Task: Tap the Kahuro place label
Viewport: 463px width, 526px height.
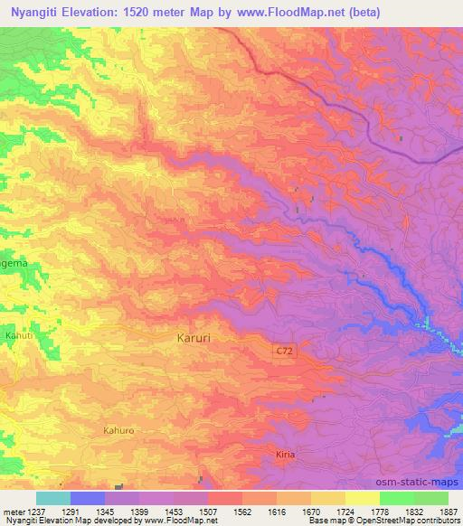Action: click(x=118, y=431)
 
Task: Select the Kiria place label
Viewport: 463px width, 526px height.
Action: click(x=285, y=454)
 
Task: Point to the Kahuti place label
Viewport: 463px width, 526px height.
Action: click(x=19, y=336)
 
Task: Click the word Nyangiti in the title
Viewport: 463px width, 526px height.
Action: click(x=35, y=13)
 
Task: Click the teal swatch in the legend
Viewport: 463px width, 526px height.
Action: click(x=52, y=498)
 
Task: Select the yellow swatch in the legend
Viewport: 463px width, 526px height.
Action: click(x=362, y=498)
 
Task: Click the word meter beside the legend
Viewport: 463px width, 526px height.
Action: click(x=15, y=511)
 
